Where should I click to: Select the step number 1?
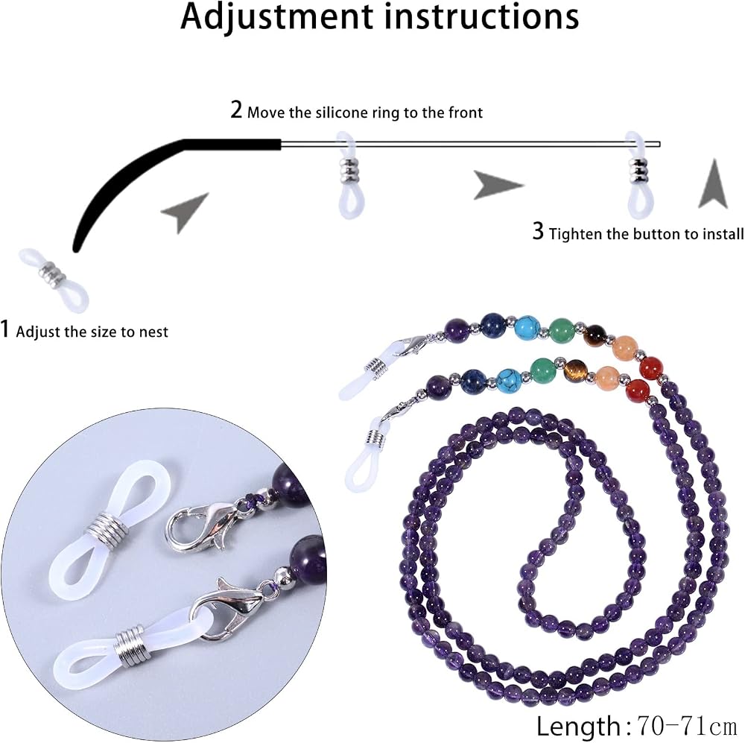tap(4, 329)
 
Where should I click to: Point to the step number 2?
tap(236, 110)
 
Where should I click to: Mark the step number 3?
tap(538, 231)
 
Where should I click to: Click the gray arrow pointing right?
tap(498, 185)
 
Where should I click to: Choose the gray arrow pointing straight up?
tap(713, 184)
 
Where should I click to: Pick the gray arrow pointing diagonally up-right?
tap(184, 212)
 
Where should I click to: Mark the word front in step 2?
tap(466, 113)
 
